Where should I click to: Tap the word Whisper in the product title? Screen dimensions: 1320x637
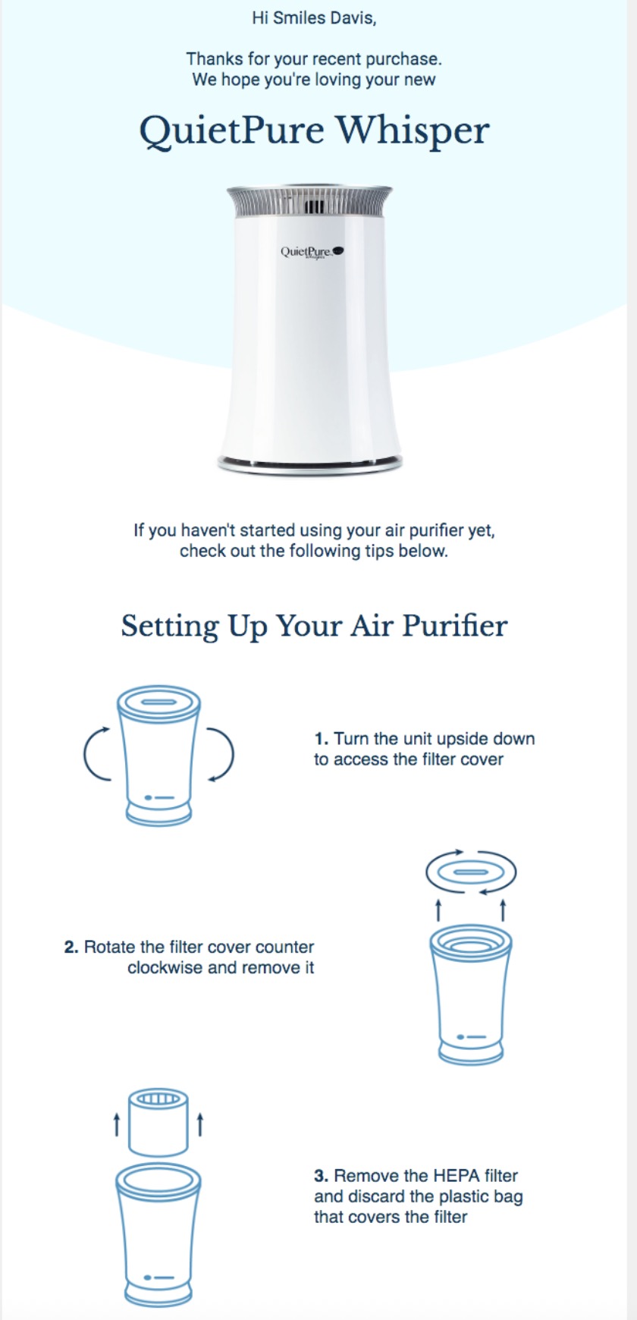pos(413,130)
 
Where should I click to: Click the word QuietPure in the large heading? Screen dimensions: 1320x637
pos(231,130)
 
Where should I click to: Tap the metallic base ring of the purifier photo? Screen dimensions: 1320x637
pos(309,463)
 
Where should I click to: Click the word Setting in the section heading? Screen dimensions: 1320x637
pos(170,626)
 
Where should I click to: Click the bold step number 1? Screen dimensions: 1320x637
pos(321,739)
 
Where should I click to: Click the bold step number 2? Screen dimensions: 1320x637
pos(71,947)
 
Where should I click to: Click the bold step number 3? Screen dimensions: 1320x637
pos(321,1176)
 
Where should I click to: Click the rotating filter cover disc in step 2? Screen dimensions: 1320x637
pos(471,872)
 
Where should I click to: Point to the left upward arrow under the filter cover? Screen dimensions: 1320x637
pos(438,908)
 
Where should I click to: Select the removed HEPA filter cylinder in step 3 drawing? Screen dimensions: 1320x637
pos(158,1123)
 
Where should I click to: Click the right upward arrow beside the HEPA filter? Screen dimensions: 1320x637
pos(200,1124)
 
